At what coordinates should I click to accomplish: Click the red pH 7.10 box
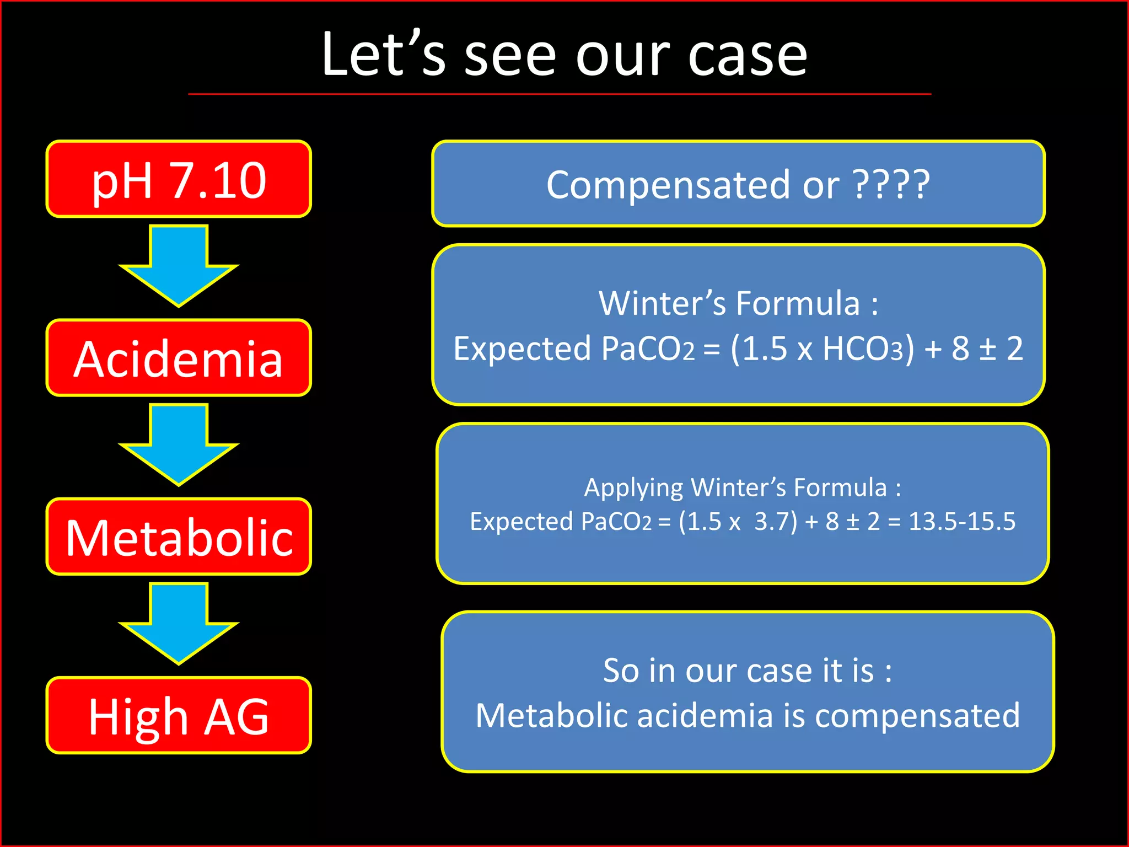tap(179, 179)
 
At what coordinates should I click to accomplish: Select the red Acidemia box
tap(179, 358)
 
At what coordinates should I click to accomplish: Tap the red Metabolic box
tap(179, 537)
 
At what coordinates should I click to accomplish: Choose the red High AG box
tap(179, 715)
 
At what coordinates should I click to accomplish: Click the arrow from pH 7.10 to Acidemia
tap(179, 265)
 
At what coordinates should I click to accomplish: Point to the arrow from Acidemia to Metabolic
tap(179, 444)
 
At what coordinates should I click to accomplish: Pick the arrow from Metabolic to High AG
tap(179, 623)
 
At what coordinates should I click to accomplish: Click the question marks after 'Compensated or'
tap(891, 184)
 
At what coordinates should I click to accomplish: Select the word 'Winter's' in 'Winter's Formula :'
tap(662, 303)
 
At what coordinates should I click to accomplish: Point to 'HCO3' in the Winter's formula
tap(863, 349)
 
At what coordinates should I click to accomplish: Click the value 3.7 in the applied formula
tap(775, 521)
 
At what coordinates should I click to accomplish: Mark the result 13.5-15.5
tap(961, 521)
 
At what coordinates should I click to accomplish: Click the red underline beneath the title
tap(560, 94)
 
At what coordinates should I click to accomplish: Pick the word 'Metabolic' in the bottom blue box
tap(551, 716)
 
